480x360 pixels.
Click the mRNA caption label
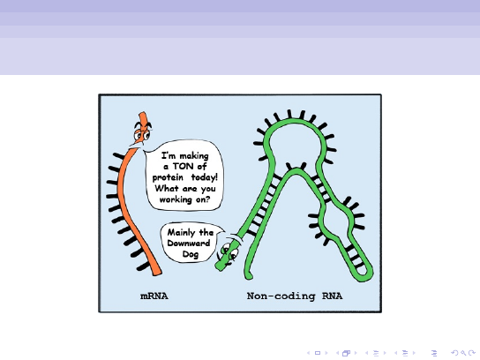click(x=154, y=296)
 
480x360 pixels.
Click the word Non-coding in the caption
click(x=281, y=296)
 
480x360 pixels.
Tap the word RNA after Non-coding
click(x=332, y=296)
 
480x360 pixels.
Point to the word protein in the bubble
click(x=168, y=177)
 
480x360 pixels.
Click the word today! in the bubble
click(x=204, y=177)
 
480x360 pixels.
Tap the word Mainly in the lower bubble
click(x=181, y=233)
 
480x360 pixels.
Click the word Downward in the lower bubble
click(x=189, y=243)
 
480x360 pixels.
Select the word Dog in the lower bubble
click(x=191, y=254)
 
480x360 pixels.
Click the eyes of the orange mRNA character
click(x=142, y=134)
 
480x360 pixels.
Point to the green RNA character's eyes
click(x=230, y=251)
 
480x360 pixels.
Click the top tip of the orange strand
click(x=143, y=113)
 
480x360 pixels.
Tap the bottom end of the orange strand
click(x=157, y=274)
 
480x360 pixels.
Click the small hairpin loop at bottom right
click(x=363, y=271)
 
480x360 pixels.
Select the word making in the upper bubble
click(x=194, y=156)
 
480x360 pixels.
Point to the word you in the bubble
click(x=208, y=189)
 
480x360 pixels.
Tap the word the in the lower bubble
click(x=206, y=232)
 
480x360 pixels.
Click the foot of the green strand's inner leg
click(x=249, y=276)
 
